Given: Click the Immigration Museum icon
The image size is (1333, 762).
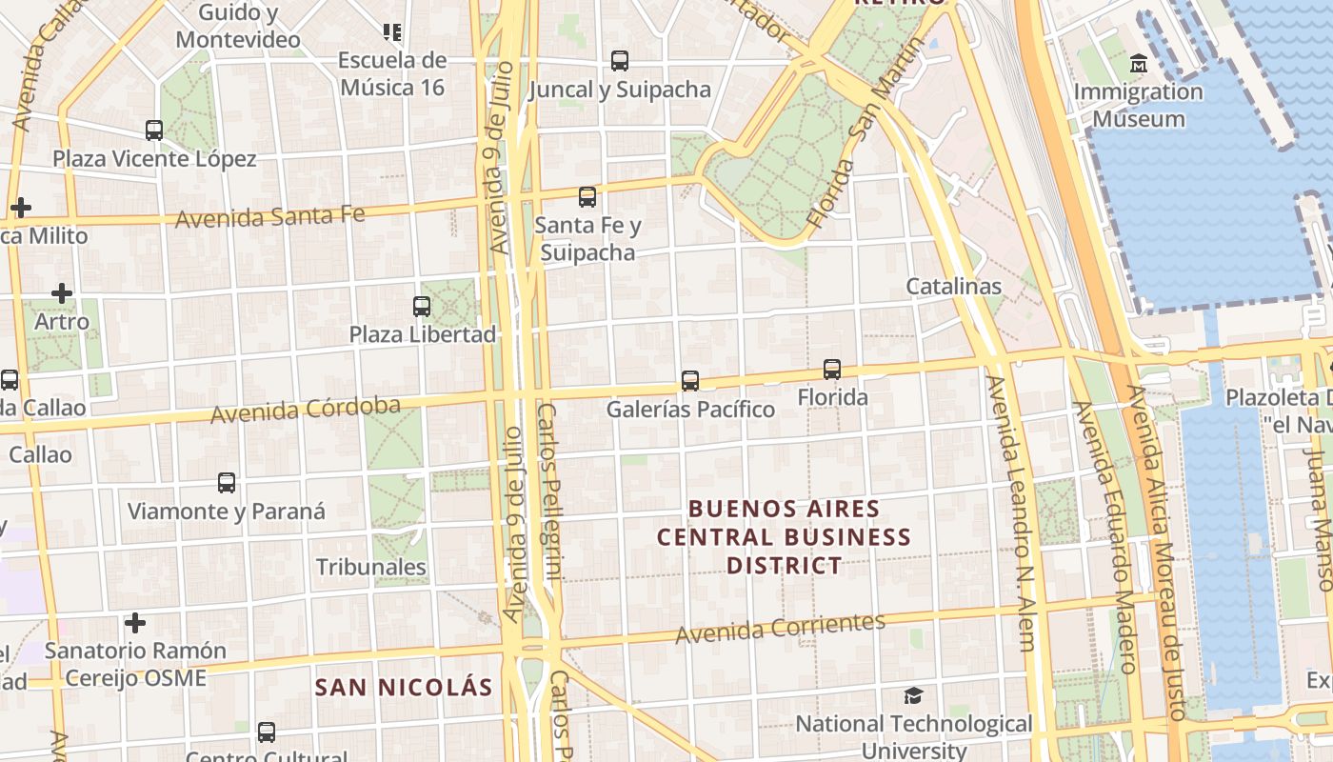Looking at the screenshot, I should [1138, 65].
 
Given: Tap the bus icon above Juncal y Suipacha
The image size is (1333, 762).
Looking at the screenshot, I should [620, 61].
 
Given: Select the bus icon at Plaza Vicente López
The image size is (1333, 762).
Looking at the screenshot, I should [154, 130].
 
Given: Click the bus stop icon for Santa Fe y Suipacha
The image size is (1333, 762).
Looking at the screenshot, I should [587, 197].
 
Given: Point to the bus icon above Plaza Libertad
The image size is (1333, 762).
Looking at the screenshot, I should [422, 306].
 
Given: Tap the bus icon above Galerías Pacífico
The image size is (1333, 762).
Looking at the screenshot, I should [690, 381].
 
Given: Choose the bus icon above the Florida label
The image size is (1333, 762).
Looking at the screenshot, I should [832, 369].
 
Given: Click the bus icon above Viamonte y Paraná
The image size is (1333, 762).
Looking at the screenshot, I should [227, 482].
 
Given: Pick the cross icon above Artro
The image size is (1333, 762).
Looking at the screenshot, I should [62, 293].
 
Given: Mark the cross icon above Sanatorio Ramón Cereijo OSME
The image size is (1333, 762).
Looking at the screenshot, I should [135, 623].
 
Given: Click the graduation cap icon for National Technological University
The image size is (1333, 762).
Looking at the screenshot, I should [913, 695].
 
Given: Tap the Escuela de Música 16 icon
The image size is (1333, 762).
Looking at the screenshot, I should [392, 32].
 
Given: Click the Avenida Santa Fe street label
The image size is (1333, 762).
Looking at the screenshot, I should [269, 216].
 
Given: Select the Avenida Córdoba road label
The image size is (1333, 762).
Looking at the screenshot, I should [305, 411].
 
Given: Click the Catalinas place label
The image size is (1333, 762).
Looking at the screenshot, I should [953, 286].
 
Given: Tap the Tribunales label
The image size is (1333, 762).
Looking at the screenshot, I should [370, 567].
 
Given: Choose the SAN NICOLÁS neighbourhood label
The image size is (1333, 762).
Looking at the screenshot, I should [404, 687].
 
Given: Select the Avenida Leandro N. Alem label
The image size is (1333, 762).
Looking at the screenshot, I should [1011, 514].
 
